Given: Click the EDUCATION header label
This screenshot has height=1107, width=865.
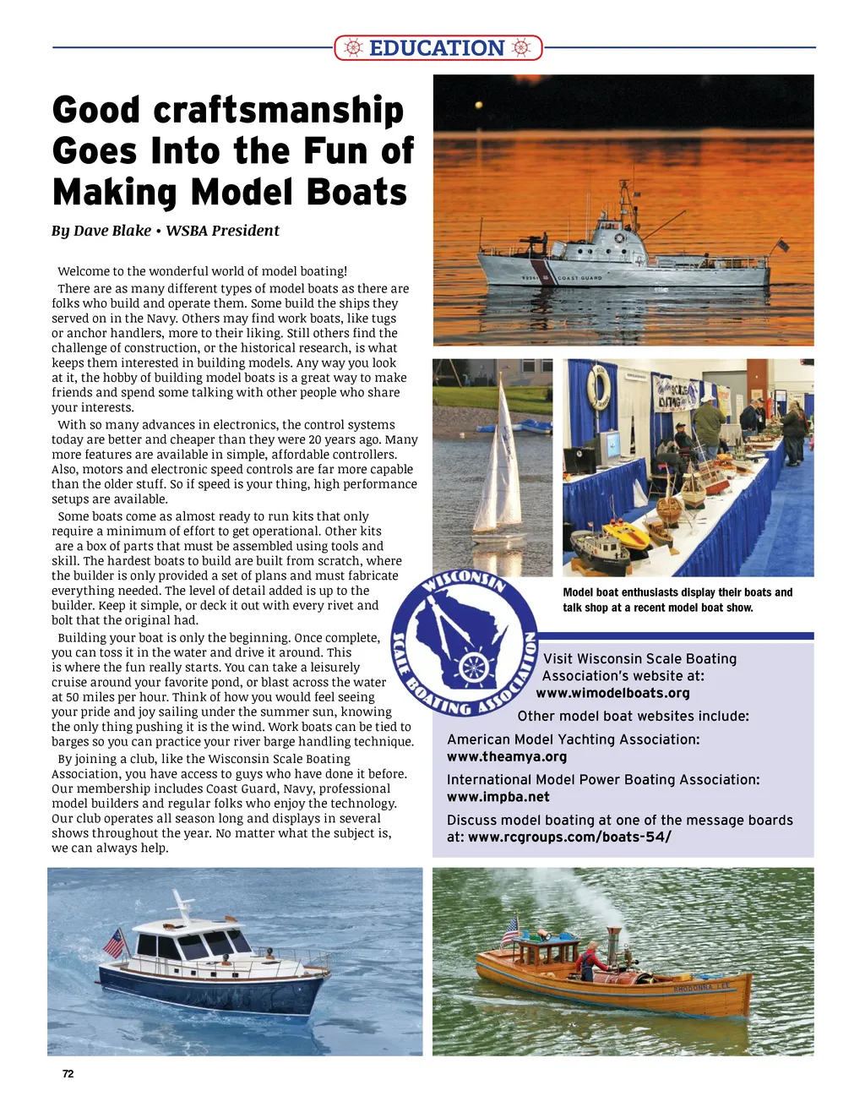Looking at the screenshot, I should click(x=437, y=48).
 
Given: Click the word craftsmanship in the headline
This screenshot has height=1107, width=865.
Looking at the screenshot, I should click(x=279, y=111).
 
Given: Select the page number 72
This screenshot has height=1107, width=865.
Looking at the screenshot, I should click(x=68, y=1074).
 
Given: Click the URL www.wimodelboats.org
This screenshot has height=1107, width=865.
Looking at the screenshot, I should click(x=613, y=693).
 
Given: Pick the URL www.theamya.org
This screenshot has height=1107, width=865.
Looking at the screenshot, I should click(x=507, y=757).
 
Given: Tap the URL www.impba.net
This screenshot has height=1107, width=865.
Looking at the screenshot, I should click(x=498, y=797).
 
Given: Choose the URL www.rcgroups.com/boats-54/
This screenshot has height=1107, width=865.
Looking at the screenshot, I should click(x=569, y=837).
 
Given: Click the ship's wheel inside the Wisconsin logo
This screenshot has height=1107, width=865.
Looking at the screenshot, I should click(x=475, y=667).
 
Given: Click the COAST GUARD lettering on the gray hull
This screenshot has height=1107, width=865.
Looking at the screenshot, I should click(x=579, y=277).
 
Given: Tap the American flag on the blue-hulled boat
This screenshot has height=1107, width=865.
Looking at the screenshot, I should click(x=114, y=941).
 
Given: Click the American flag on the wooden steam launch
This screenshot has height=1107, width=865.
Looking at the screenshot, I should click(x=509, y=930).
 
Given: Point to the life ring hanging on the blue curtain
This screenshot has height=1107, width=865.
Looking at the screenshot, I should click(x=598, y=387).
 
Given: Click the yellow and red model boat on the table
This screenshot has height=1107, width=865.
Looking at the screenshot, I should click(x=626, y=533).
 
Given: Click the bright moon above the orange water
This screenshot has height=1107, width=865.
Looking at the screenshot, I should click(x=478, y=106).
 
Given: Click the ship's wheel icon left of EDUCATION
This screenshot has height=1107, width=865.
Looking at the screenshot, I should click(x=354, y=48).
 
